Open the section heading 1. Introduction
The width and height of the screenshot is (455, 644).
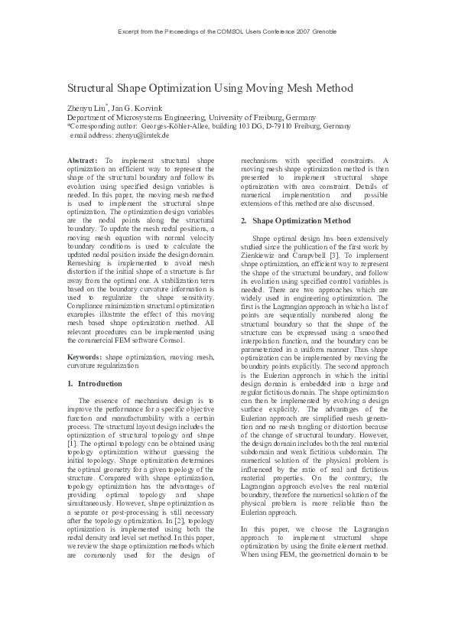coord(89,382)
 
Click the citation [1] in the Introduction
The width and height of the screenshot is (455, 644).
coord(71,443)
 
